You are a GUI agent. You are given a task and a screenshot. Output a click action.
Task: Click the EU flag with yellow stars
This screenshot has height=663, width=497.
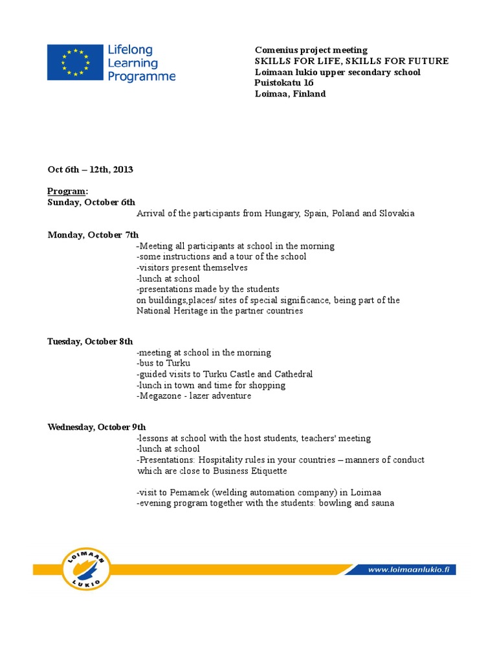pos(75,62)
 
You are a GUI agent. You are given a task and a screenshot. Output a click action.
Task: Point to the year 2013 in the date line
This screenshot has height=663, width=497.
pos(122,170)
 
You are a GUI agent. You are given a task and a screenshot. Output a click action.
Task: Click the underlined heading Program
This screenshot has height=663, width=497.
pos(67,192)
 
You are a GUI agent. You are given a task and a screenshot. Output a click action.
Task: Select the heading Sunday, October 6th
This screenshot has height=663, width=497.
pos(91,203)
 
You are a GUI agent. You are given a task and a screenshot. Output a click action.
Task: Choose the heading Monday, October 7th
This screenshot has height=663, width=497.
pos(93,234)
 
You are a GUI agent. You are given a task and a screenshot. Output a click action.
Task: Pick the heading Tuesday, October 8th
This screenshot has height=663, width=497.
pos(90,341)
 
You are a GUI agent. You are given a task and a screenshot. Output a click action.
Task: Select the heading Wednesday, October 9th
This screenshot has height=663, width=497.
pos(96,427)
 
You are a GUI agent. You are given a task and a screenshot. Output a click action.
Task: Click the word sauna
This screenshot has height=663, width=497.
pos(381,503)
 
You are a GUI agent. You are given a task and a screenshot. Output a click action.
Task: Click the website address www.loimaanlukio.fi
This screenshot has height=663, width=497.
pos(412,570)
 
